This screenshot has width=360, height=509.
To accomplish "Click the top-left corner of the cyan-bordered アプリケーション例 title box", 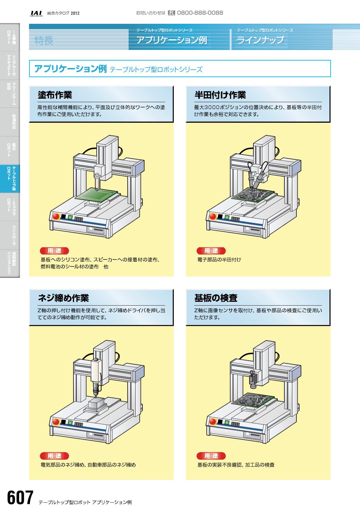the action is (x=29, y=60).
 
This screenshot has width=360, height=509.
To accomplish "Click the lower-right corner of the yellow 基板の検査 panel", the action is (x=330, y=479).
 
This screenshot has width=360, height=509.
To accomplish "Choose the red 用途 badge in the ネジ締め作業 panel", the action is (x=54, y=456).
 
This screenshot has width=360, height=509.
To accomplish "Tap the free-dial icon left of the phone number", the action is (x=171, y=13).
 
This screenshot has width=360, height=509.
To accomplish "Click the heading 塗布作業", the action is (x=55, y=95).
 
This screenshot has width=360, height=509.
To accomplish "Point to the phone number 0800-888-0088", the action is (x=200, y=13).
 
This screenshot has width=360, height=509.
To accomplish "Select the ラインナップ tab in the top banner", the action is (x=260, y=39).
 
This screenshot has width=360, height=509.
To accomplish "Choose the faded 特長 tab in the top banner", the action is (x=44, y=40).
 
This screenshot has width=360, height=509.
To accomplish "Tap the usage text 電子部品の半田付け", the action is (x=219, y=259).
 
